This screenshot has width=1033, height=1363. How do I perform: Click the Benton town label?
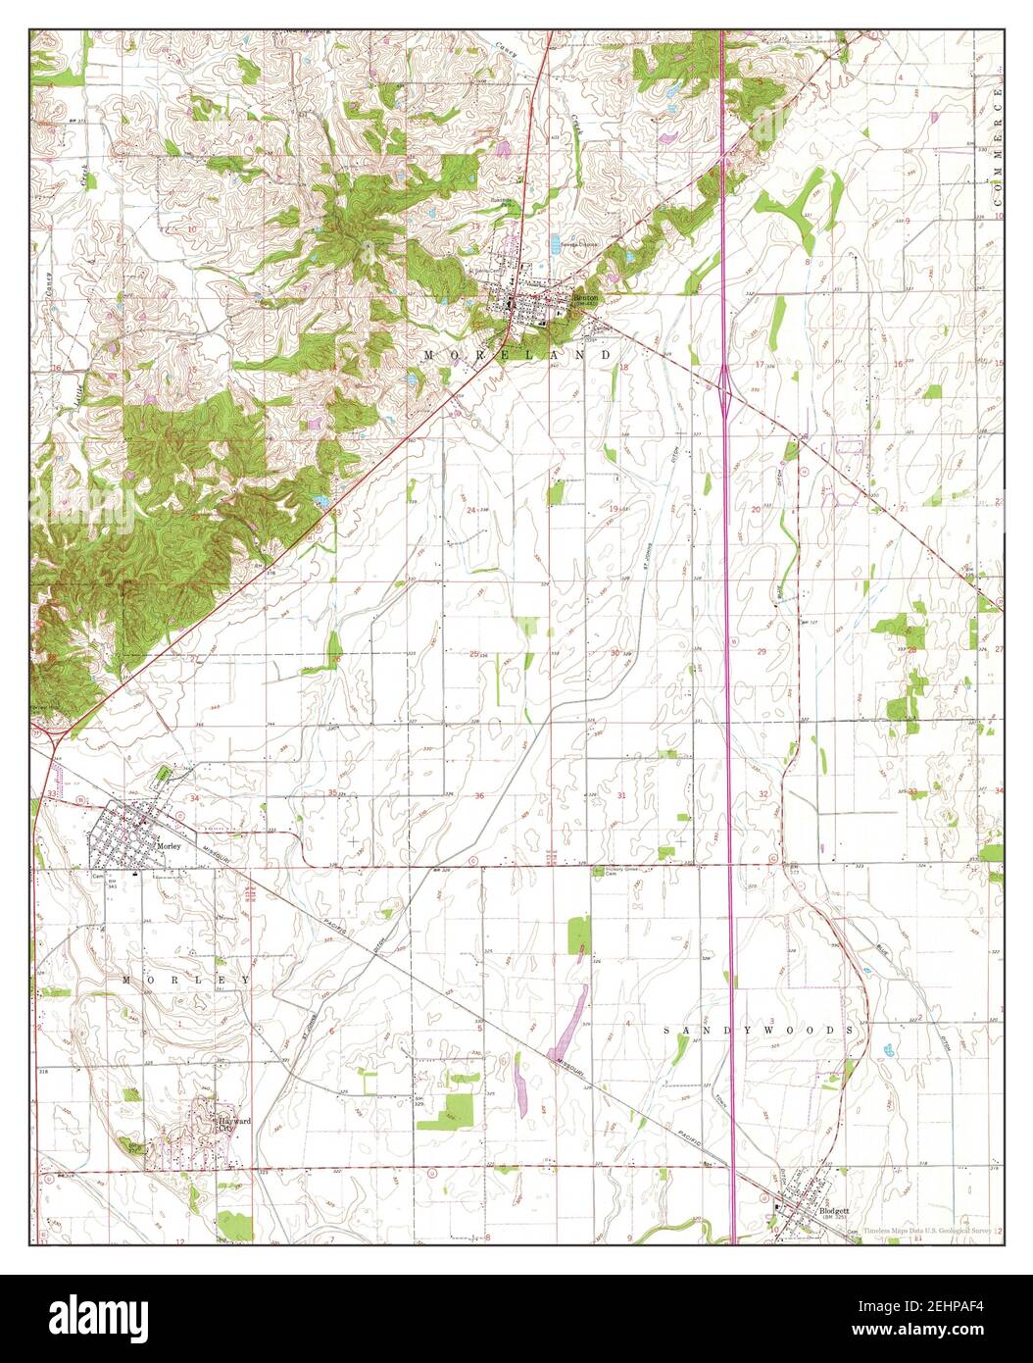pyautogui.click(x=585, y=296)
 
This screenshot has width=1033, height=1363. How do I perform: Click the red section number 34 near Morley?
pyautogui.click(x=194, y=799)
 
